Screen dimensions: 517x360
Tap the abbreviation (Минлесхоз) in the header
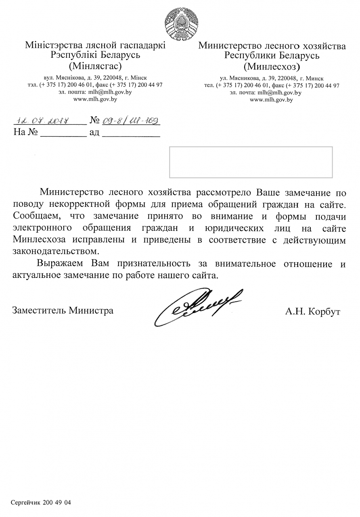tap(272, 65)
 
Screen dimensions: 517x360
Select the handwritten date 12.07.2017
tap(43, 120)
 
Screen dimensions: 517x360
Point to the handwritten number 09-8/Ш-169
tap(130, 120)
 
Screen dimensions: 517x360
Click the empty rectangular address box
tap(251, 162)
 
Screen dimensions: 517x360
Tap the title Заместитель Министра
tap(63, 311)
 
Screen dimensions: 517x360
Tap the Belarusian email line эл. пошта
tap(95, 92)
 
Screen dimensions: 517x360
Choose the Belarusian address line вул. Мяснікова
tap(95, 78)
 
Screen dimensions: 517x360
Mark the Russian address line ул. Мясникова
tap(272, 78)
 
